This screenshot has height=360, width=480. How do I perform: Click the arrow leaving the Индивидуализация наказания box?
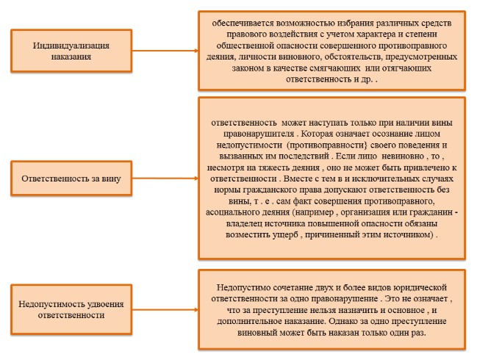pos(165,50)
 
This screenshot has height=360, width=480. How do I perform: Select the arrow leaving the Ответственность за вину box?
pos(165,177)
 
